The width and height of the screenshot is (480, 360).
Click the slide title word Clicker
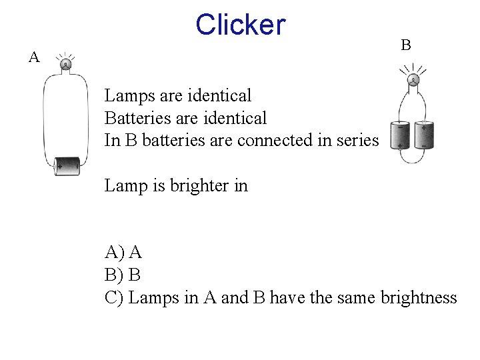click(241, 25)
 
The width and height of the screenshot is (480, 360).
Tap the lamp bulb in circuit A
click(66, 64)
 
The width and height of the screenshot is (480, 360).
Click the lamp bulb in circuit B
click(413, 81)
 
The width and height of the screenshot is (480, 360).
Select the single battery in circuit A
click(67, 165)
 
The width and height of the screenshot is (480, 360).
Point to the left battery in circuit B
click(401, 135)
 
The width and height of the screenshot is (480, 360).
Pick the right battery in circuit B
click(424, 135)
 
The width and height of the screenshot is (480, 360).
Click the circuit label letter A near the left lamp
click(34, 57)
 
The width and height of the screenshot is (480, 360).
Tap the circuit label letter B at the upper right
click(405, 45)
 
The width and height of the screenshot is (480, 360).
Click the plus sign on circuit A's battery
click(60, 166)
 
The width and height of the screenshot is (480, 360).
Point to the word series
click(360, 141)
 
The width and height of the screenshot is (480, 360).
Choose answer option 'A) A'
click(123, 252)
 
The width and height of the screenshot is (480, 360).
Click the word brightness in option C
click(419, 297)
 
